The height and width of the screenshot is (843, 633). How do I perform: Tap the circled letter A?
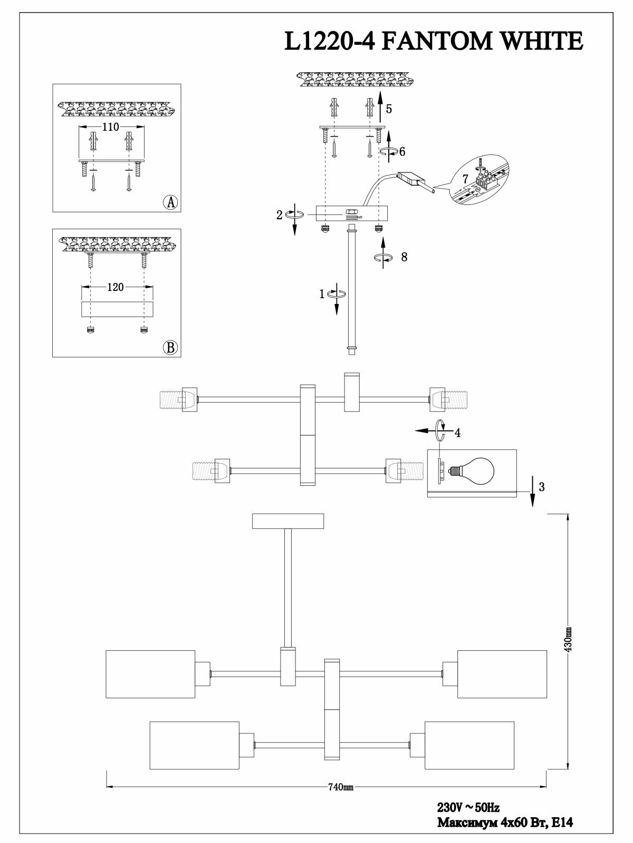(170, 202)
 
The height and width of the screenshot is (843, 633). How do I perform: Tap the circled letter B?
(170, 347)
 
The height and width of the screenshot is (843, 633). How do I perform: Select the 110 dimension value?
(111, 127)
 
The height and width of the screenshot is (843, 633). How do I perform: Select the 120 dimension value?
(116, 287)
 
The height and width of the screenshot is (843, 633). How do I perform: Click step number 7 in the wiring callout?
(465, 179)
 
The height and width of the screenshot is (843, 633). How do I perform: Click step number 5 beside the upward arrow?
(389, 109)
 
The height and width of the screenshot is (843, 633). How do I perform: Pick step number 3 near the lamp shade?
(542, 487)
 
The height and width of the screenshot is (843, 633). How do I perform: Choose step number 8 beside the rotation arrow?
(404, 257)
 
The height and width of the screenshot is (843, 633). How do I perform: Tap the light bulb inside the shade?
(474, 471)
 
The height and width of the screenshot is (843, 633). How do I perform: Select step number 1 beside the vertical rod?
(322, 294)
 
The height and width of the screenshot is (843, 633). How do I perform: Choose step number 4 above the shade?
(457, 433)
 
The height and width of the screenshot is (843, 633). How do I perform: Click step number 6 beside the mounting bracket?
(402, 152)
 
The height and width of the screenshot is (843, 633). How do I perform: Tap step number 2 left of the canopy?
(280, 215)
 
